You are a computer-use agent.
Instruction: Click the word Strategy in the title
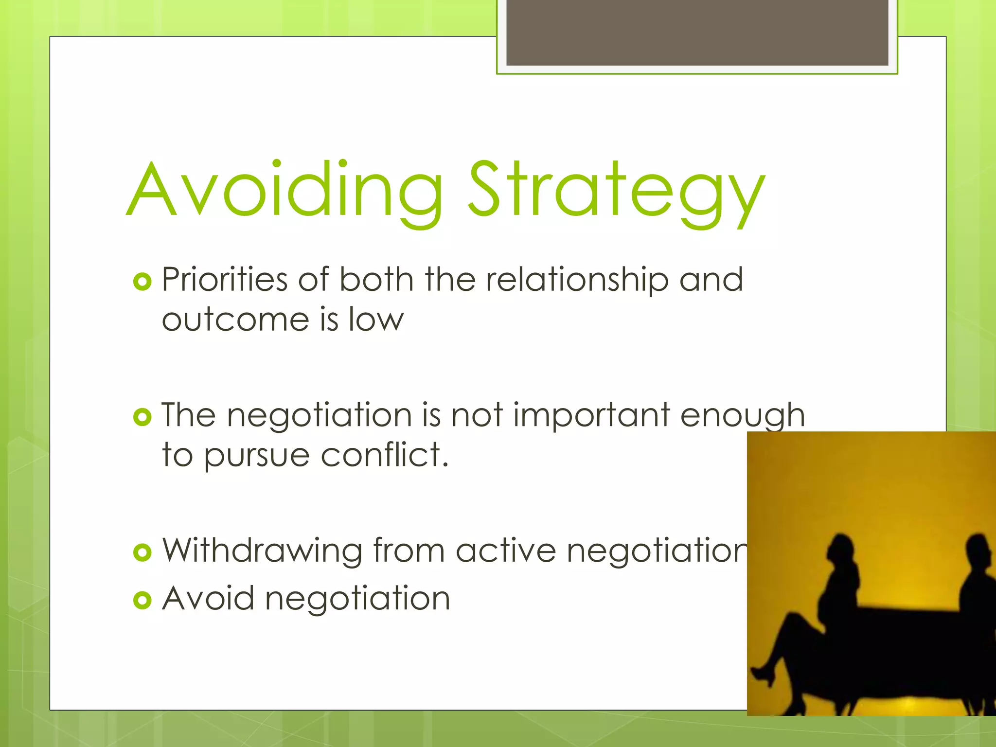pos(616,192)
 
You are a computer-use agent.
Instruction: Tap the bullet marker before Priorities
pos(142,282)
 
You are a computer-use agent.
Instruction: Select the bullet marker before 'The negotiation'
pos(142,417)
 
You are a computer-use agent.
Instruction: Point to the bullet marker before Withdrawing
pos(142,552)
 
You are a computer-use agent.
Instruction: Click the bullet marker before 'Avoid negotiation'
pos(142,600)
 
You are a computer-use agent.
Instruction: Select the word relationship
pos(577,281)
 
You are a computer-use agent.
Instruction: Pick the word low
pos(376,320)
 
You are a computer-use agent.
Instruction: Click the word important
pos(591,415)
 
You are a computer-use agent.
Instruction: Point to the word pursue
pos(257,456)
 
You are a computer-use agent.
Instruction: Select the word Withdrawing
pos(262,551)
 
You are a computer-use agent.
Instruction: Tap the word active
pos(506,551)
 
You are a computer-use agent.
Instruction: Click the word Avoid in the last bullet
pos(208,598)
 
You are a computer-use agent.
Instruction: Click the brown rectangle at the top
pos(697,33)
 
